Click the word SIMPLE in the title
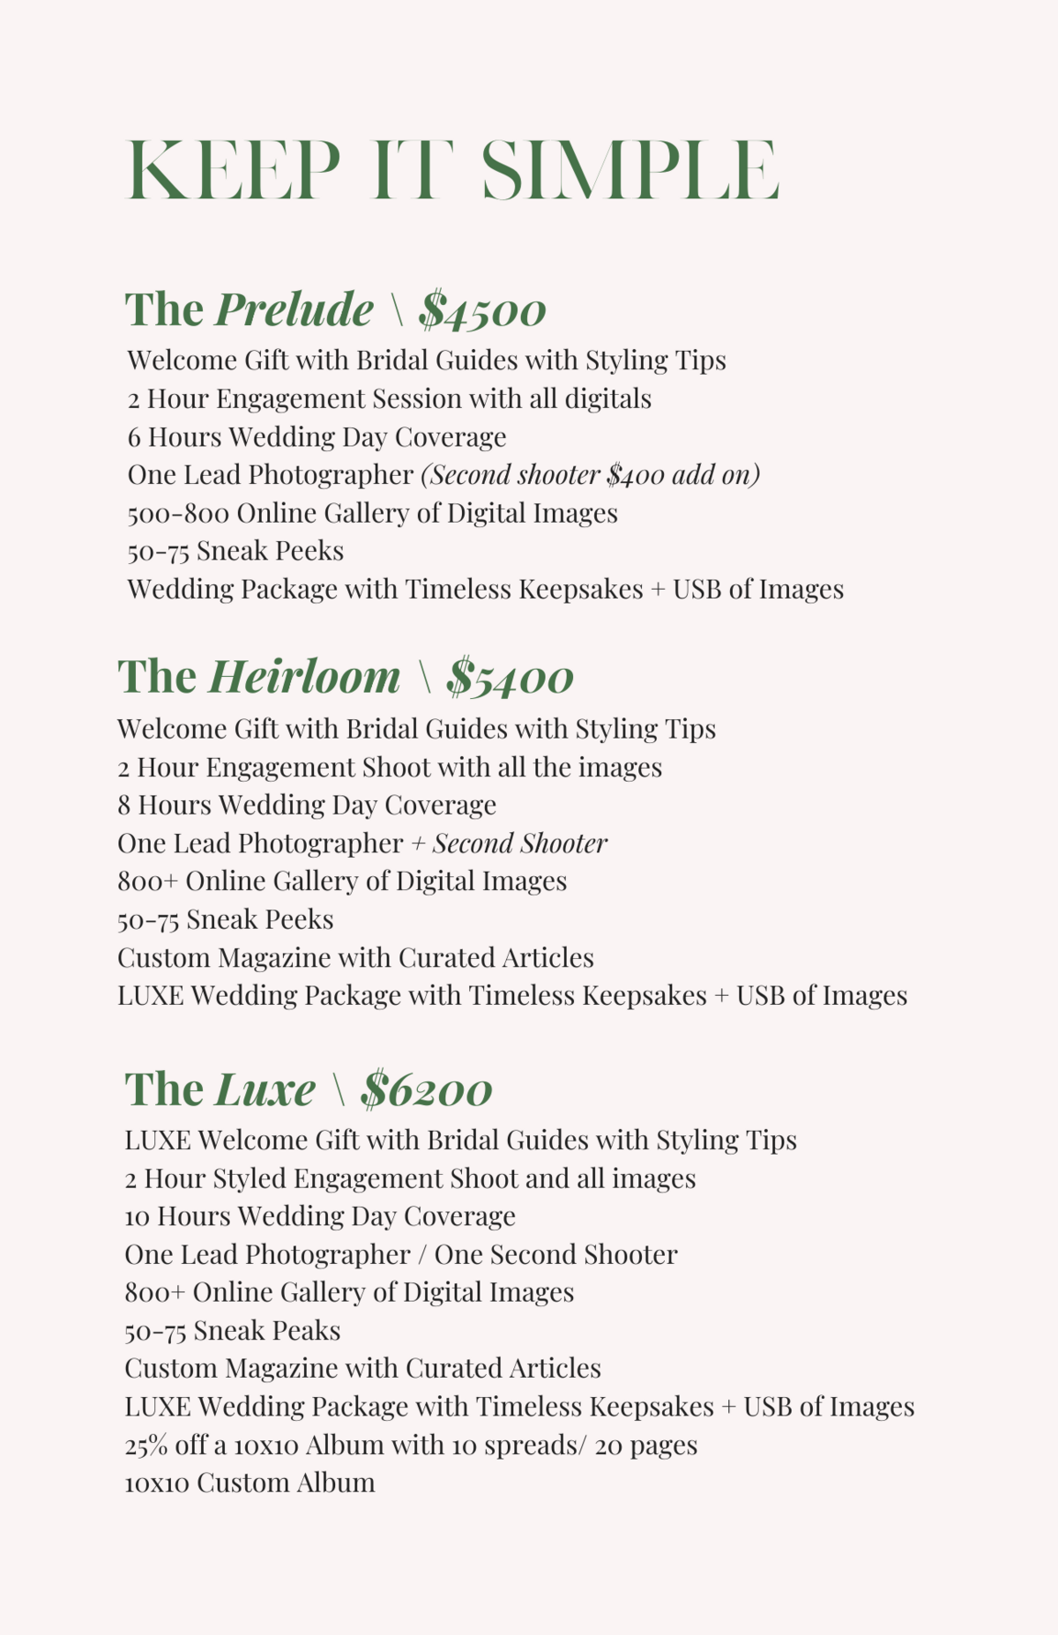(630, 169)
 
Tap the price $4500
(482, 310)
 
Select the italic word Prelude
(294, 309)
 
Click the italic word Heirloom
(304, 677)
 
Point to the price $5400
(510, 678)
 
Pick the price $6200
(426, 1089)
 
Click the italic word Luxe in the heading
(265, 1089)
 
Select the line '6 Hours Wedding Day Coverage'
(317, 437)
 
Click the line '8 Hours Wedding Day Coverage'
(307, 805)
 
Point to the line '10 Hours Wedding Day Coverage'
(320, 1216)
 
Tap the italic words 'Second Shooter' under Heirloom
(519, 844)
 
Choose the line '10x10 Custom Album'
(250, 1483)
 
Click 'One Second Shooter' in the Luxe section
(555, 1254)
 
